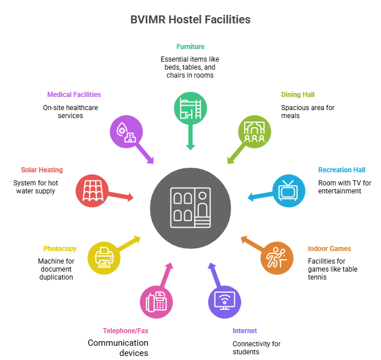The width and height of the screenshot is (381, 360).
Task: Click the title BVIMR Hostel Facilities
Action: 190,20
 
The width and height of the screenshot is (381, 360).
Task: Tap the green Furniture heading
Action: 190,46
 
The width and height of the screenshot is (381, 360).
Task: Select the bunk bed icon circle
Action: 190,108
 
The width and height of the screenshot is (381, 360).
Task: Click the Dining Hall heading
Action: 298,95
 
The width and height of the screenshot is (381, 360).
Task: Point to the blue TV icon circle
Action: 289,191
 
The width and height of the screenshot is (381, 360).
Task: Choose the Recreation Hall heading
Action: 342,170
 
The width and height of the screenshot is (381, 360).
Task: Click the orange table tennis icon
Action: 277,258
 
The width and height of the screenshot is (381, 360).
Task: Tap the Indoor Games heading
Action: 329,249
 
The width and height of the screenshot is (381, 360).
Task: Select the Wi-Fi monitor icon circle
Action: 225,302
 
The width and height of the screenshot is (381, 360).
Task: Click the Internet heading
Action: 245,331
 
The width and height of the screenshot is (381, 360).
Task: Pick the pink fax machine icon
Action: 156,302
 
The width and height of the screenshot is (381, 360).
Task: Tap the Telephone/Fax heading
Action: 125,331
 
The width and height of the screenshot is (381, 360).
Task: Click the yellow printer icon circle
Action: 104,258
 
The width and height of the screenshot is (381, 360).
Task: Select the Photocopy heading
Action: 60,249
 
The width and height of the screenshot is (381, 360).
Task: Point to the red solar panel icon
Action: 92,191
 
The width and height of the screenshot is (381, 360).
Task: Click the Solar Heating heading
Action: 42,170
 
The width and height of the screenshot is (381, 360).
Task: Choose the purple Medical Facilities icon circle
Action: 126,132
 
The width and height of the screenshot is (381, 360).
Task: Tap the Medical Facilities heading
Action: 74,95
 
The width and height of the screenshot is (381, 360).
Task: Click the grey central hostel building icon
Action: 190,208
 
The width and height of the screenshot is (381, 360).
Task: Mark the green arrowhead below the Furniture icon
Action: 190,147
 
